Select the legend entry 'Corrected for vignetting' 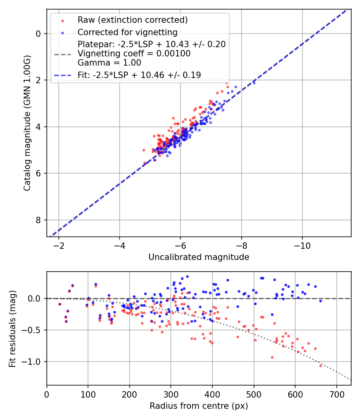click(127, 32)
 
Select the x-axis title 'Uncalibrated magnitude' click(199, 257)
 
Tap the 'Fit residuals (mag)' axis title click(12, 328)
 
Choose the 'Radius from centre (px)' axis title click(199, 406)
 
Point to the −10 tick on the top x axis click(302, 245)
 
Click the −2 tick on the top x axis click(59, 245)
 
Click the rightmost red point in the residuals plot click(320, 366)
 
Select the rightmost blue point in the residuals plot click(320, 301)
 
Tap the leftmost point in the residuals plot click(60, 304)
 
